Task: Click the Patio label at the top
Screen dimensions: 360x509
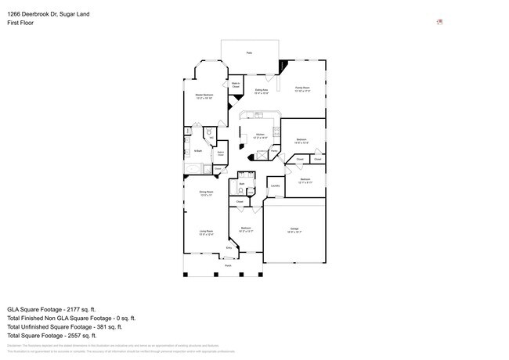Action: (x=249, y=52)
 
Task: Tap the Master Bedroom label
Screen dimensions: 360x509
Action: (x=204, y=96)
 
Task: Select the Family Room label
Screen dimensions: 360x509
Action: (x=303, y=89)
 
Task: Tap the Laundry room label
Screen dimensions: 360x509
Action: (x=275, y=185)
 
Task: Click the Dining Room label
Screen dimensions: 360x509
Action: (x=206, y=193)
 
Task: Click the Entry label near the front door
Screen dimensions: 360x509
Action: (x=229, y=248)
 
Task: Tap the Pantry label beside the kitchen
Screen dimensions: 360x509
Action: (x=275, y=151)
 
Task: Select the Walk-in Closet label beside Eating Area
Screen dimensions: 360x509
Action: (x=236, y=85)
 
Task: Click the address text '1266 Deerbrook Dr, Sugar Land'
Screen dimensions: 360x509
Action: (x=49, y=13)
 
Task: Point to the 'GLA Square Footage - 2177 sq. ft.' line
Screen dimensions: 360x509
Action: (x=60, y=310)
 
